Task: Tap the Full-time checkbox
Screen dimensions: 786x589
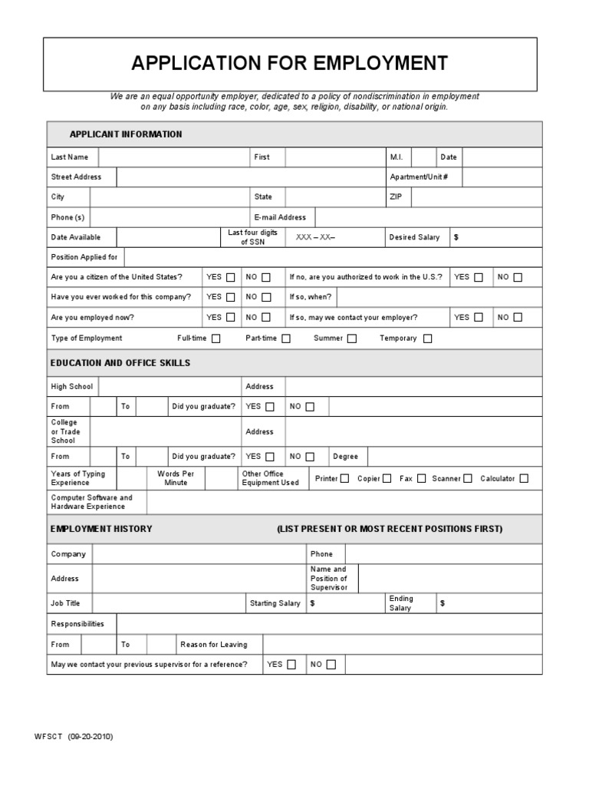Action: tap(216, 339)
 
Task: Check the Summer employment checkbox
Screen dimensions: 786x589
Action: tap(352, 339)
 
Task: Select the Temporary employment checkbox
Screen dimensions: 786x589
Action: tap(427, 339)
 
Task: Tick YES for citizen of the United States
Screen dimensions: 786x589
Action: tap(231, 278)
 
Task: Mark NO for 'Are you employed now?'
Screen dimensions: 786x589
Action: tap(266, 318)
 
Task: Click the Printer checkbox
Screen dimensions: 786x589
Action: tap(344, 479)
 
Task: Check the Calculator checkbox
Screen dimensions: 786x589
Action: tap(524, 479)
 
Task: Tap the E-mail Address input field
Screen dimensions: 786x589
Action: tap(428, 218)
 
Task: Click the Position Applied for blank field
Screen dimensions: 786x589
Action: tap(332, 257)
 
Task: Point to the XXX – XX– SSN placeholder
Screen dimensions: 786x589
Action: tap(315, 238)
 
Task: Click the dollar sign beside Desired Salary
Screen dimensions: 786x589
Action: tap(456, 238)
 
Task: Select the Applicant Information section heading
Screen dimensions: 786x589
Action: tap(126, 134)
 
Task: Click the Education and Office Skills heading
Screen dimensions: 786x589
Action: tap(120, 362)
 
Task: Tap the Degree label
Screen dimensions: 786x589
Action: tap(345, 457)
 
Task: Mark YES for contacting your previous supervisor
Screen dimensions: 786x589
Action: tap(291, 665)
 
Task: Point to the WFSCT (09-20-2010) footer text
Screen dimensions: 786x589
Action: tap(74, 736)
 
